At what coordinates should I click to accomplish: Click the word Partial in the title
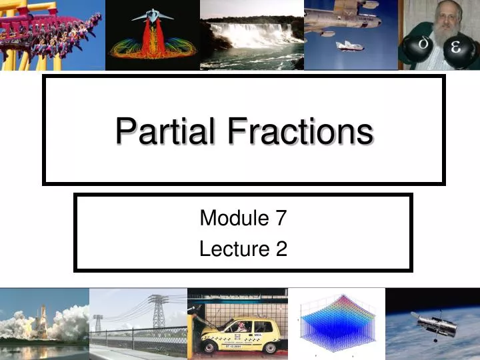[x=165, y=131]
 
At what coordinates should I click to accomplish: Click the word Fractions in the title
[x=299, y=131]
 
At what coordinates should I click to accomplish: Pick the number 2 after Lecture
[x=281, y=249]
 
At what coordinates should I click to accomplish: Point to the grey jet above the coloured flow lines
[x=152, y=14]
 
